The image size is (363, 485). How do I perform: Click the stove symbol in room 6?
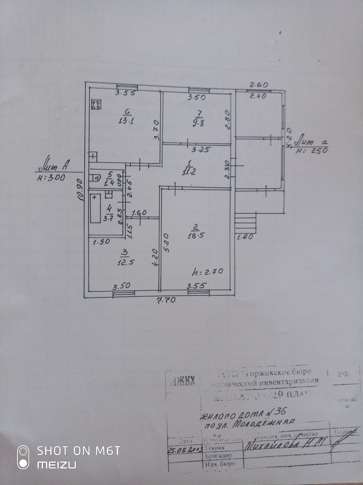click(96, 105)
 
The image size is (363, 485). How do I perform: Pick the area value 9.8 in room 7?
click(198, 124)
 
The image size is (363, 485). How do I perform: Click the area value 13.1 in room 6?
click(126, 121)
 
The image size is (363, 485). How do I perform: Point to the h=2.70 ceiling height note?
click(207, 271)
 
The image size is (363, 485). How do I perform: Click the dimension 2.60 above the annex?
click(258, 85)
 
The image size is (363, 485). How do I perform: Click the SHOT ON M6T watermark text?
click(78, 451)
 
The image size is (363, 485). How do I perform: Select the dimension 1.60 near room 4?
click(139, 213)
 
